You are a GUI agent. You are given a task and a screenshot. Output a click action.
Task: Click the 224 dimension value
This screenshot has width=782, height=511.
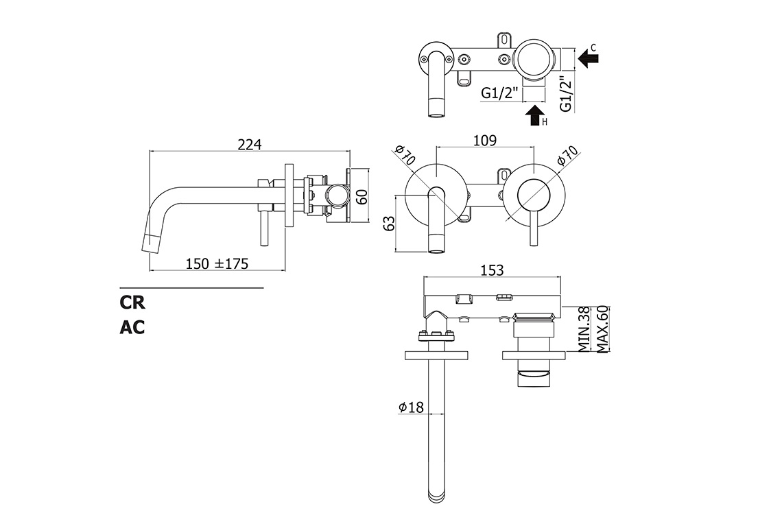tap(250, 144)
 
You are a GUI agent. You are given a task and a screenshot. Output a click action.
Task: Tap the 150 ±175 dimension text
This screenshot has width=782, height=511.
tap(216, 263)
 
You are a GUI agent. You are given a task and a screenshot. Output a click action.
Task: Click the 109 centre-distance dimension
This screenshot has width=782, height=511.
tap(484, 141)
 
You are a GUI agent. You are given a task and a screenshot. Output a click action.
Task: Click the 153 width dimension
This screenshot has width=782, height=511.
tap(492, 270)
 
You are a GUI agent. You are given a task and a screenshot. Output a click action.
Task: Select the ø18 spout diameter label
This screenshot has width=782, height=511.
tap(411, 407)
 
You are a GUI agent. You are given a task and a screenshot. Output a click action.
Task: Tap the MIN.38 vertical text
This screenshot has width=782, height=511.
tap(584, 329)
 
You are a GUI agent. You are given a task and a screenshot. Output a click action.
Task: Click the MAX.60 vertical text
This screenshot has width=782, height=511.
tap(602, 329)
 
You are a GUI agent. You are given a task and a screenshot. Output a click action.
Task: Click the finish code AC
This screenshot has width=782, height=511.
tap(132, 327)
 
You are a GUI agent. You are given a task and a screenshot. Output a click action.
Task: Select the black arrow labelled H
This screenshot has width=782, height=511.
tap(534, 115)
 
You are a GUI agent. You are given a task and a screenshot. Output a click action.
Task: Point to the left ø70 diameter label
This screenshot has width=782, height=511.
tap(405, 156)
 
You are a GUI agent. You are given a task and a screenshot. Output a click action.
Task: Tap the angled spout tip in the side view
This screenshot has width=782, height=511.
tap(152, 240)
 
